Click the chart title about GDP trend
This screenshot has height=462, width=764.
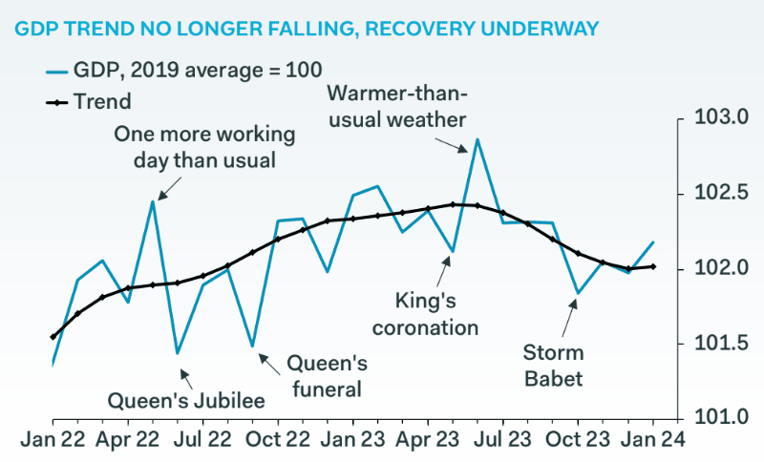pos(307,29)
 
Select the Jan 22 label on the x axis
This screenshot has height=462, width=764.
pos(53,441)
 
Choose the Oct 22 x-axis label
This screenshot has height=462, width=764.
pos(278,441)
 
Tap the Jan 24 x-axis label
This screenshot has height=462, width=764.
pos(653,441)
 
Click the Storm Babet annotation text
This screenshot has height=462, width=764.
pos(553,366)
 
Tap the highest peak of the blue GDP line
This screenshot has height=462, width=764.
pos(477,139)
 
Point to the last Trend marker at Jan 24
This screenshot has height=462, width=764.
pos(653,266)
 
